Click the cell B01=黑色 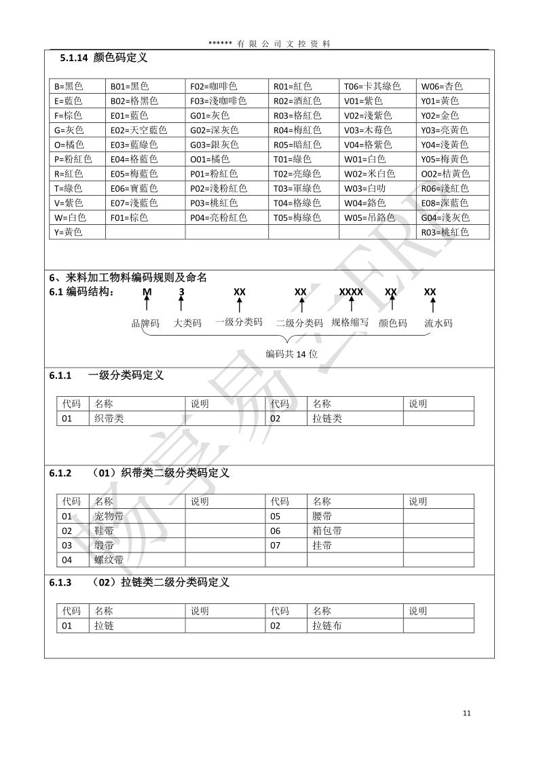[130, 86]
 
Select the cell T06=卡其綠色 [372, 86]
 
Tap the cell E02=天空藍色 [138, 130]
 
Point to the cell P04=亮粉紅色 [219, 217]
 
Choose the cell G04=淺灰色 [445, 217]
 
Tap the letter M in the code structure [147, 292]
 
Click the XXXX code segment [351, 292]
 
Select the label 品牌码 [145, 323]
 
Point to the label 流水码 [438, 323]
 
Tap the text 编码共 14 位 [291, 354]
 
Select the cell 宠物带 [109, 516]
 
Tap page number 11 [466, 713]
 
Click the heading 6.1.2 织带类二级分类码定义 [139, 473]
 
